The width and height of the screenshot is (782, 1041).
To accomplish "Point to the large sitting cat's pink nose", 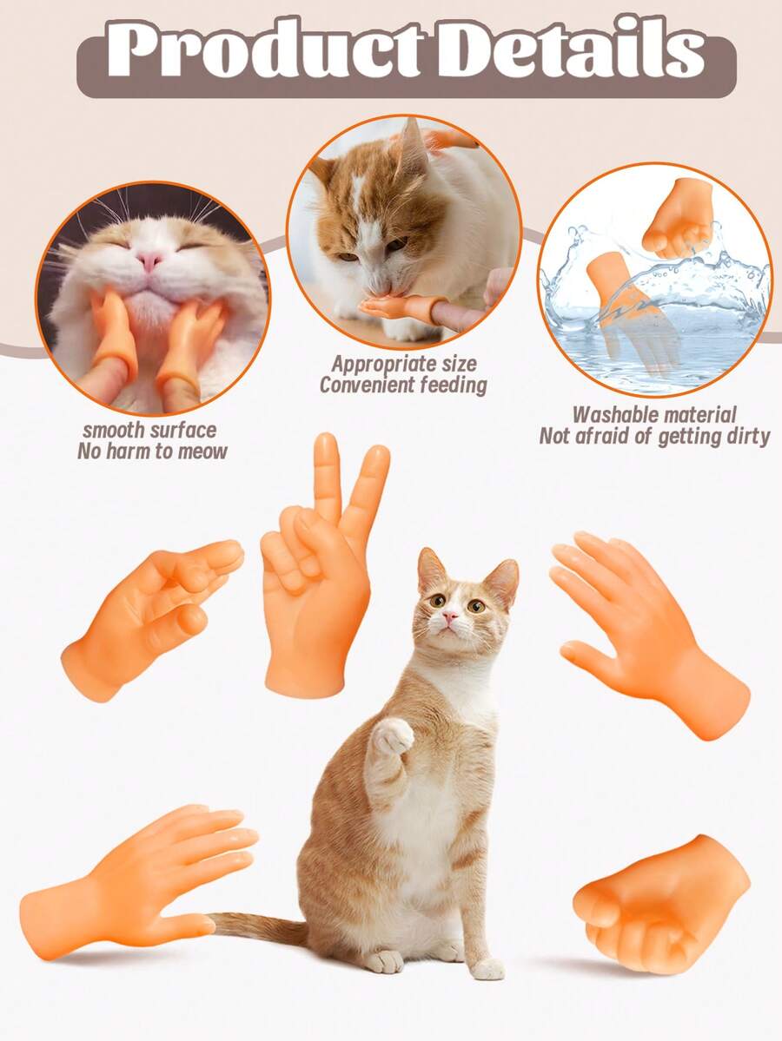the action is coord(450,616).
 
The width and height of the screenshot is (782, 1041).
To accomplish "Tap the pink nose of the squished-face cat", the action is coord(150,260).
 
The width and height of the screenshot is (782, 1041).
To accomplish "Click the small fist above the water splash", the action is coord(676,219).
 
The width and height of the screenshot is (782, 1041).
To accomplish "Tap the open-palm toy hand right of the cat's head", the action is coord(648,634).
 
